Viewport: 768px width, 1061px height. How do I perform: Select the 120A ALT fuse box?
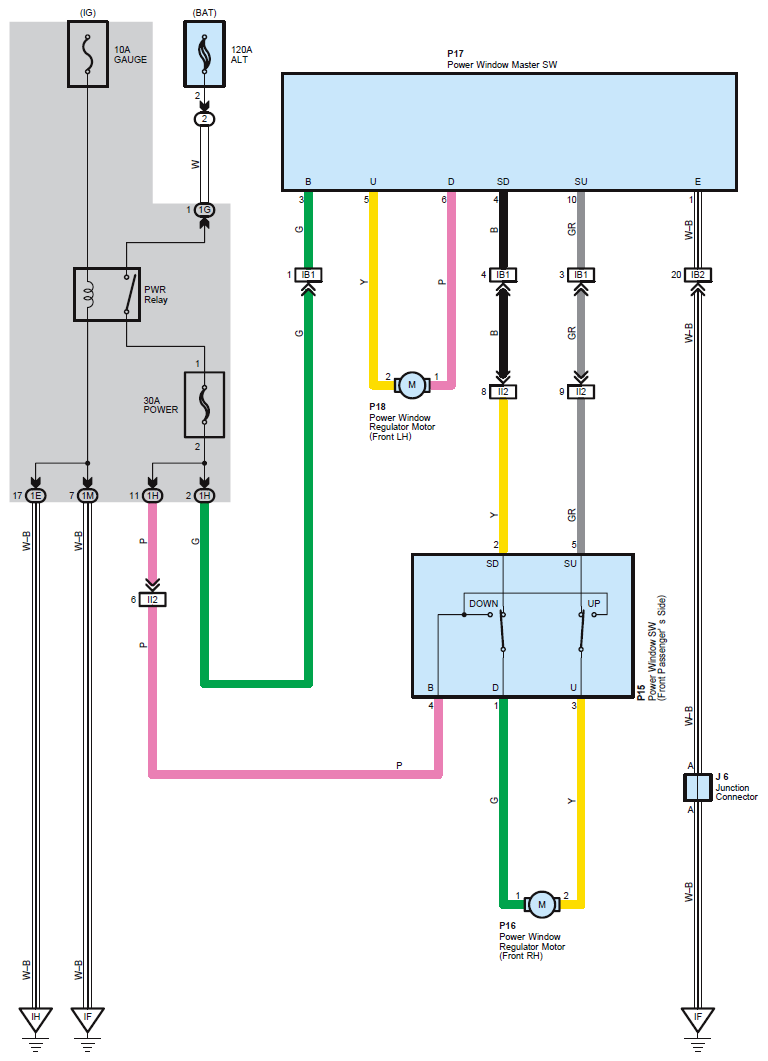(204, 58)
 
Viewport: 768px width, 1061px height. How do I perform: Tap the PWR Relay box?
(106, 293)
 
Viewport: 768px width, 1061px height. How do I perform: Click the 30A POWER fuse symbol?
(204, 405)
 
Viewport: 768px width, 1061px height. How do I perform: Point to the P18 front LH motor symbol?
(411, 384)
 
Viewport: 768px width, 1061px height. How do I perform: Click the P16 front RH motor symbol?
(542, 904)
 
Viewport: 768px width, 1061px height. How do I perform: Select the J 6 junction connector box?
(697, 787)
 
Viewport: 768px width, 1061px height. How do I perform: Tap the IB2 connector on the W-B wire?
(697, 275)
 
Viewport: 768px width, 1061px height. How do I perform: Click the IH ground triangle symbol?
(36, 1019)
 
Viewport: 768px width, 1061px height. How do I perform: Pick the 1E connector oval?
(36, 495)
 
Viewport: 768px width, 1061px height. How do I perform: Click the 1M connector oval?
(88, 495)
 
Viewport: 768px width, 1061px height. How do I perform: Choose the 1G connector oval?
(204, 210)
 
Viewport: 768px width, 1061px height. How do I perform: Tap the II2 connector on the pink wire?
(152, 600)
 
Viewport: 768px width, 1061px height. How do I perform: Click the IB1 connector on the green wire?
(308, 275)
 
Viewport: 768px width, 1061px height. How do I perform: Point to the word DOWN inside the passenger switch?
(483, 604)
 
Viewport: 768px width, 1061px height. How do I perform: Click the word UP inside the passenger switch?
(594, 604)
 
